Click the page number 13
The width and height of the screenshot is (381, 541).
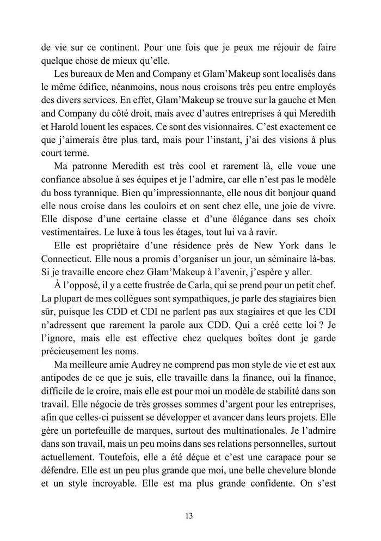click(190, 515)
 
